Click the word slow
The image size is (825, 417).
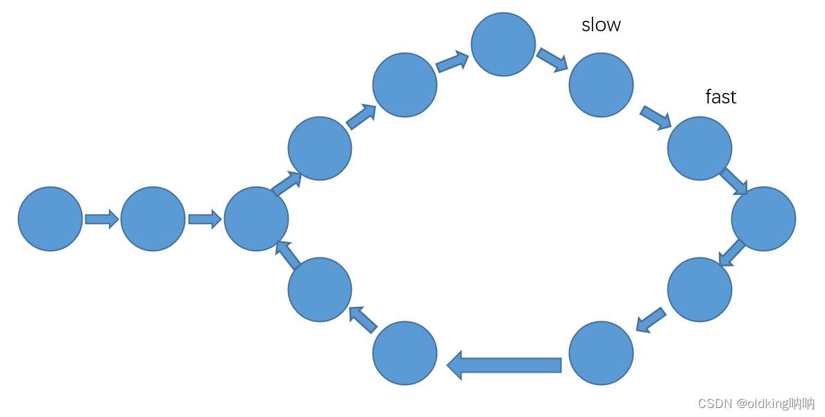pos(601,25)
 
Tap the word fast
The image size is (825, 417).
pos(720,96)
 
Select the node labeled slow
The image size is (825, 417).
pos(601,85)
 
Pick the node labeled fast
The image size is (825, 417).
pos(699,148)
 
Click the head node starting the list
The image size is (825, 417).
pos(50,219)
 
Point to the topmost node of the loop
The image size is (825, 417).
pos(503,44)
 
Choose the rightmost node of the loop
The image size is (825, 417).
pos(763,219)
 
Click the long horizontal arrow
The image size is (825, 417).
pos(504,365)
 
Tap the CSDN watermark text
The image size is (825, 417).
pos(756,403)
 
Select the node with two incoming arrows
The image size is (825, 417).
pos(256,219)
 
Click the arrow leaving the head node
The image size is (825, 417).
pos(102,219)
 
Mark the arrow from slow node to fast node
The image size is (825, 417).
pos(656,117)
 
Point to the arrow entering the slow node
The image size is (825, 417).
pos(552,59)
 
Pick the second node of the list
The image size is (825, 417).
pos(153,219)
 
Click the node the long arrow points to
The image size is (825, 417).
pos(405,353)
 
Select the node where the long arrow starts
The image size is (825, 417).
pos(601,353)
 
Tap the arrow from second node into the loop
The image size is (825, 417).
pos(205,219)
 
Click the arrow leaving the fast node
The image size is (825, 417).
pos(733,181)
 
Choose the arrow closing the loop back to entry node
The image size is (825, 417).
pos(289,253)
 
